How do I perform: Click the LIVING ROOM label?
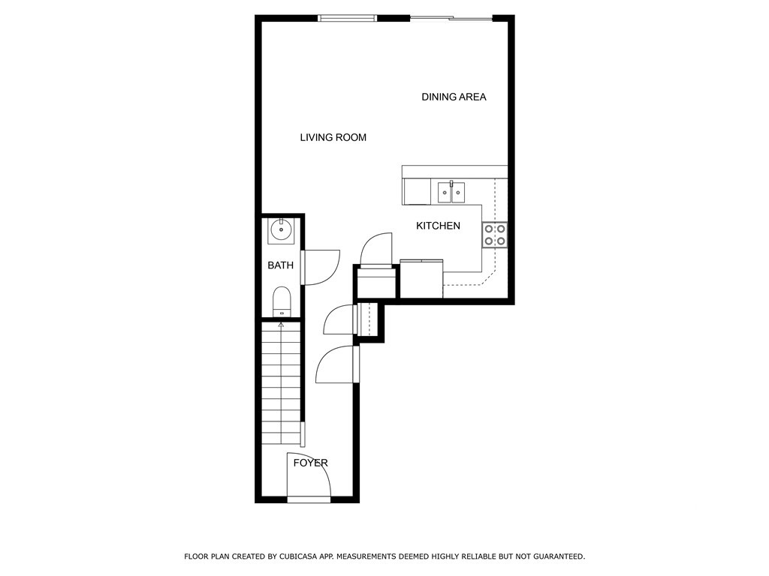[x=333, y=137]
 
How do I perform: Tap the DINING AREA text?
[x=454, y=97]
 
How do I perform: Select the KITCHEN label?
[x=438, y=226]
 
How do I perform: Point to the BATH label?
[x=280, y=265]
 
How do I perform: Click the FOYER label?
[x=310, y=463]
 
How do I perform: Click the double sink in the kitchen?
[x=451, y=193]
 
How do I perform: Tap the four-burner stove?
[x=495, y=235]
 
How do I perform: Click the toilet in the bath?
[x=282, y=301]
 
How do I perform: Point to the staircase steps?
[x=281, y=382]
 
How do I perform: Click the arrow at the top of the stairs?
[x=282, y=325]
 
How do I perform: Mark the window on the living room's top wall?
[x=347, y=18]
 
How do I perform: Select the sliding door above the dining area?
[x=451, y=18]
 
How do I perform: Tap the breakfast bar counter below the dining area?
[x=454, y=172]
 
